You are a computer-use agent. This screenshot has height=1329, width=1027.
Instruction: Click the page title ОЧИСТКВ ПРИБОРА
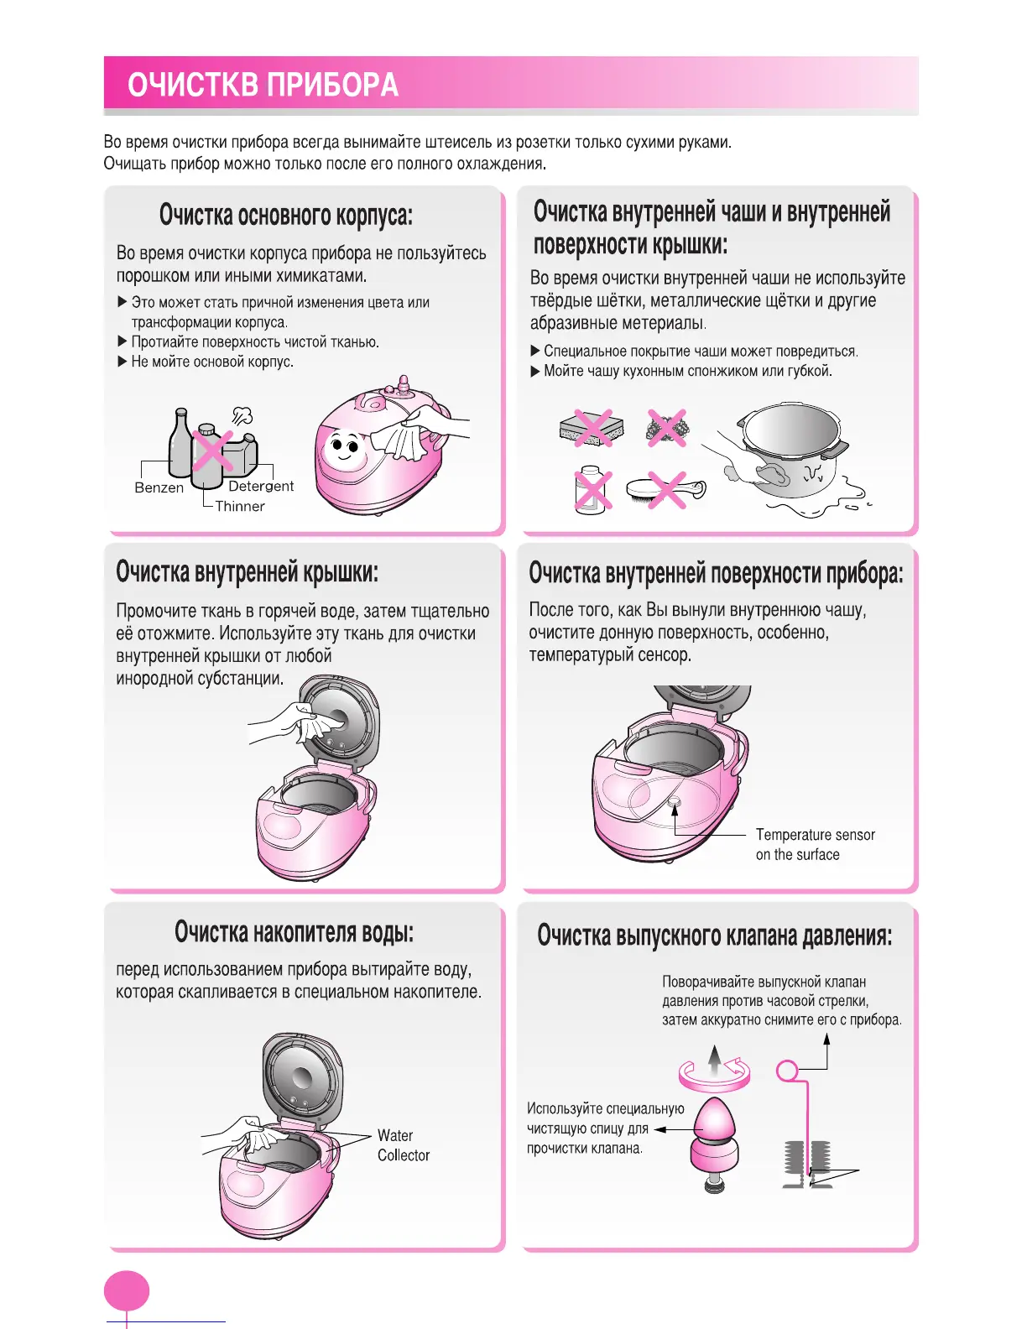pyautogui.click(x=263, y=86)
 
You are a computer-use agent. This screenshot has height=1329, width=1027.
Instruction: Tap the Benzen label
pyautogui.click(x=159, y=487)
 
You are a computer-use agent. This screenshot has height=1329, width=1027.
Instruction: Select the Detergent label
pyautogui.click(x=261, y=486)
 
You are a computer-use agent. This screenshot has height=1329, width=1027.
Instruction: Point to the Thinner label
pyautogui.click(x=240, y=506)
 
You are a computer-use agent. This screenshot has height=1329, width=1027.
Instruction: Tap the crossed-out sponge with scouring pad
pyautogui.click(x=592, y=428)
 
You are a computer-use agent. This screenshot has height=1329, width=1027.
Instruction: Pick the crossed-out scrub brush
pyautogui.click(x=667, y=489)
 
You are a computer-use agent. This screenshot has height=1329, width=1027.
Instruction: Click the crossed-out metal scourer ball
pyautogui.click(x=667, y=427)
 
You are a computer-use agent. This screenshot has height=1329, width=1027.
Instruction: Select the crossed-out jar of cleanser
pyautogui.click(x=592, y=489)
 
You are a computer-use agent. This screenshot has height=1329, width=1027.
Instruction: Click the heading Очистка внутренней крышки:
pyautogui.click(x=248, y=572)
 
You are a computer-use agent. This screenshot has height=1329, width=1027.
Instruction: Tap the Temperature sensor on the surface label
pyautogui.click(x=815, y=844)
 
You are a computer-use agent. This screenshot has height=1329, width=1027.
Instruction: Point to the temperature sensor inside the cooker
pyautogui.click(x=674, y=802)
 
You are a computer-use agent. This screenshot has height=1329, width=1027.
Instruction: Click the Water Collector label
pyautogui.click(x=403, y=1145)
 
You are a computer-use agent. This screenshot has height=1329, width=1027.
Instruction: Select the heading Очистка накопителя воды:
pyautogui.click(x=294, y=932)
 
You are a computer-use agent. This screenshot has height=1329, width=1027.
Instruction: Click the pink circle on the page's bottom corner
pyautogui.click(x=127, y=1292)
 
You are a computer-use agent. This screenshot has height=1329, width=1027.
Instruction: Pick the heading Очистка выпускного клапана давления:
pyautogui.click(x=715, y=936)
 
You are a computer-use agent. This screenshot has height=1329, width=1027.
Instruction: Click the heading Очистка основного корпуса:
pyautogui.click(x=285, y=215)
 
